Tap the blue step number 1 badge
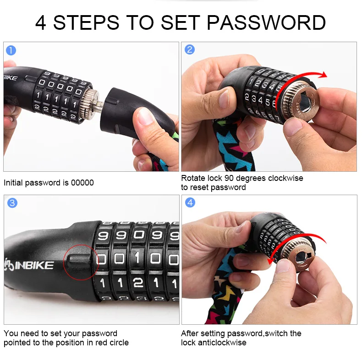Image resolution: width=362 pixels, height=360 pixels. tap(11, 50)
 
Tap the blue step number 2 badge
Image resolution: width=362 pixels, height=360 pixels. tap(189, 49)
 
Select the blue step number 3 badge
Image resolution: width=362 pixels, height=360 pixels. tap(12, 202)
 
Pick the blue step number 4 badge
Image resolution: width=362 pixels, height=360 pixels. tap(190, 202)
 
